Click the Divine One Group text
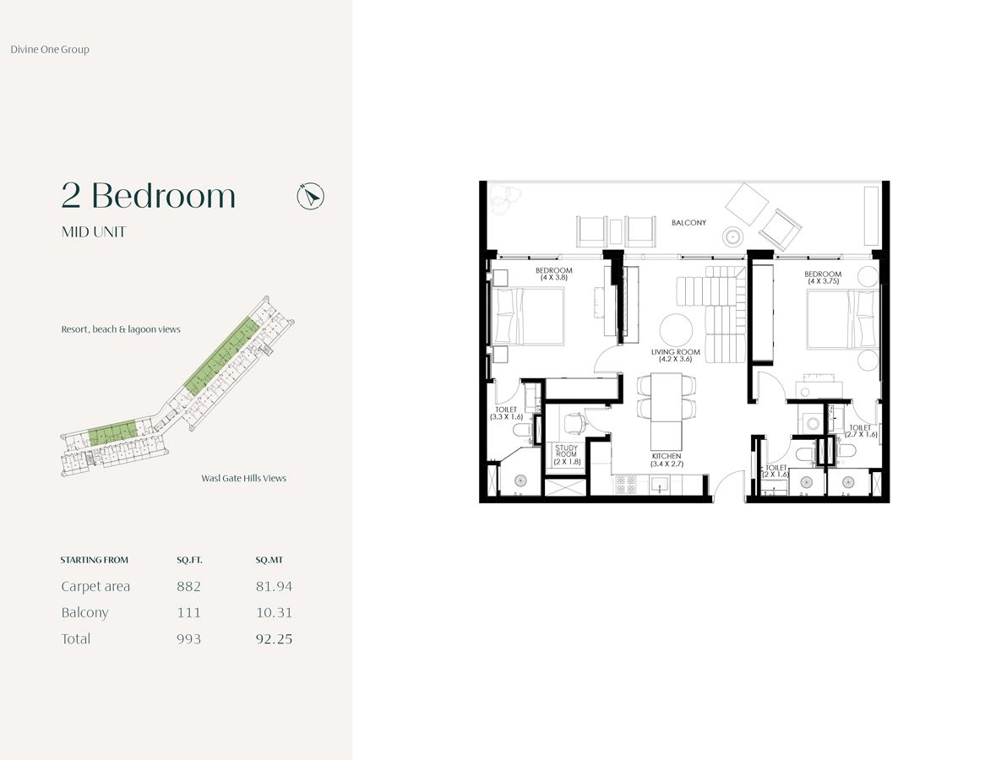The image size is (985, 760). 50,50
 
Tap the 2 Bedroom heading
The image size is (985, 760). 149,196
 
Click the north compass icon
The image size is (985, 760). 311,197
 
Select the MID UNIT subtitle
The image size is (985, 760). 94,232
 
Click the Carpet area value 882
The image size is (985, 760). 188,586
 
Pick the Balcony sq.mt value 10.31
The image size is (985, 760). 274,612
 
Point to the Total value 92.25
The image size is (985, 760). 274,639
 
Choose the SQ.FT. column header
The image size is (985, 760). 189,560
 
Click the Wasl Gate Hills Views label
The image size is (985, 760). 243,478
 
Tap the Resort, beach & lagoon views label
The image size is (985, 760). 121,329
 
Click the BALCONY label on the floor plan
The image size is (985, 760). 688,223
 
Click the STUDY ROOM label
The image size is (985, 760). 566,454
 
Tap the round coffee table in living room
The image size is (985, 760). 676,329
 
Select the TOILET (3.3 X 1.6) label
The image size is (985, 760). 506,413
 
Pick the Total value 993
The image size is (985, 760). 188,639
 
